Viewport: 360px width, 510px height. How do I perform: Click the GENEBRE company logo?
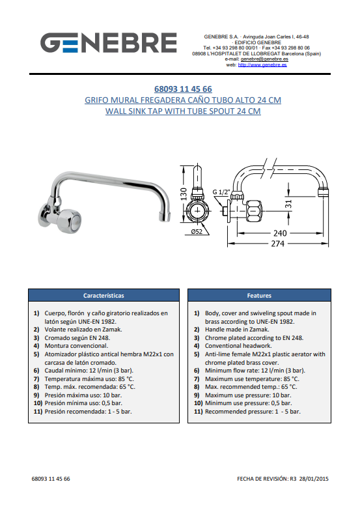pos(109,42)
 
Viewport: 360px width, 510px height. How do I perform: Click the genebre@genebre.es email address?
pos(264,59)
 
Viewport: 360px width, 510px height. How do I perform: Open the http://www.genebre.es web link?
pos(262,64)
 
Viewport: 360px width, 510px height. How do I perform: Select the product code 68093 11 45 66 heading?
pos(183,89)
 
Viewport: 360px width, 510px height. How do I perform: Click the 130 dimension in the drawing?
pos(184,194)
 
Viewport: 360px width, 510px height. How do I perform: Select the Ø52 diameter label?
pos(197,232)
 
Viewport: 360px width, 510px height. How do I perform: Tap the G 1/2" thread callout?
pos(221,192)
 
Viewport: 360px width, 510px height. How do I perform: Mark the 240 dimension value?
pos(280,233)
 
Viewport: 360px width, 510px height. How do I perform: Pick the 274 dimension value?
pos(278,244)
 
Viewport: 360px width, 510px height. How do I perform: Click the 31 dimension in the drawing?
pos(288,205)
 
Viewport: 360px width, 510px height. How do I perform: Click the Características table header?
pos(104,296)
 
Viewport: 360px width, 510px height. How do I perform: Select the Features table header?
pos(259,296)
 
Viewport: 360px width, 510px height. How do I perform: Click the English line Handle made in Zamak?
pos(237,330)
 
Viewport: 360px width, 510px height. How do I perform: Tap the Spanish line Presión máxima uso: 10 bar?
pos(83,395)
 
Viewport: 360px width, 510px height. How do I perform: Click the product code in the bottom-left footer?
pos(51,479)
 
